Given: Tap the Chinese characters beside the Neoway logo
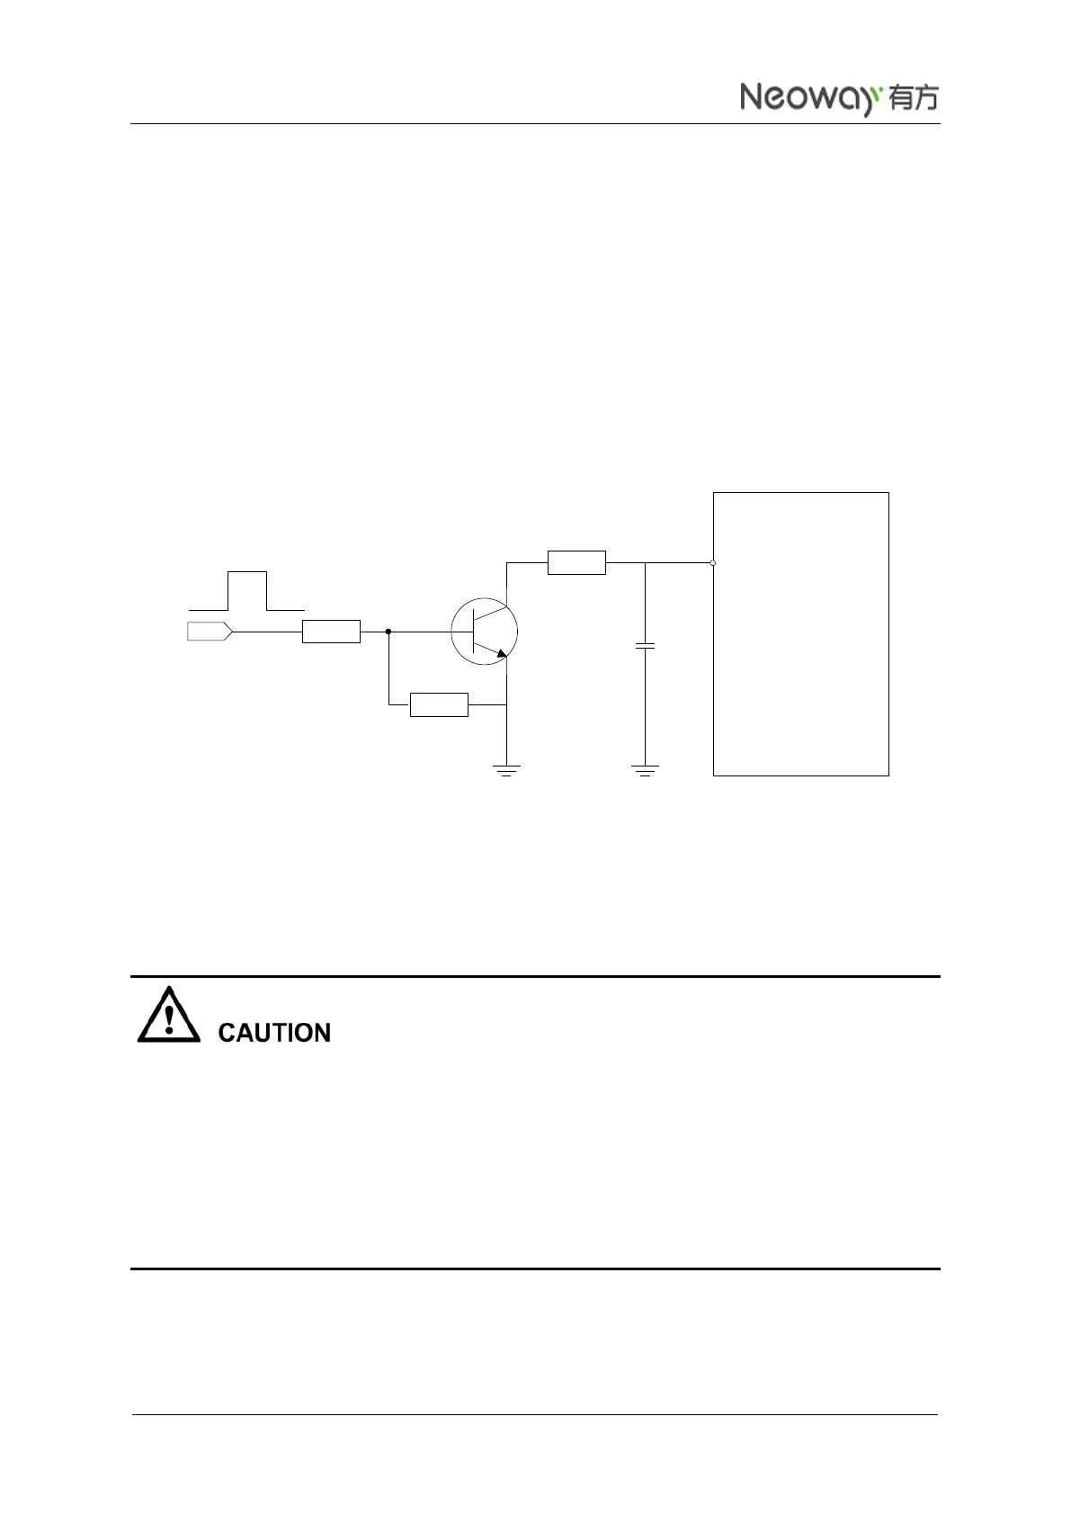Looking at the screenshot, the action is (913, 98).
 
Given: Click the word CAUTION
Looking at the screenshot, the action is (274, 1033).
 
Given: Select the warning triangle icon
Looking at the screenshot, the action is (169, 1017).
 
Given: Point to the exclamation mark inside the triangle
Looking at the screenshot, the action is (169, 1019).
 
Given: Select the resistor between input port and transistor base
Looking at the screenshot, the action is (331, 632).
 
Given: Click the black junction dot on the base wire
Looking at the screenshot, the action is (388, 632).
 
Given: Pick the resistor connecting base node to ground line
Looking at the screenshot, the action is (439, 705).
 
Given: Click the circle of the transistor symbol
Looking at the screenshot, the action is (484, 632).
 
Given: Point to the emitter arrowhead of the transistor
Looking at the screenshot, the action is (502, 651).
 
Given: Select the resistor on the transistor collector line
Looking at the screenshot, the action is (576, 562).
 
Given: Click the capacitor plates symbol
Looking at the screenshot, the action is (645, 645).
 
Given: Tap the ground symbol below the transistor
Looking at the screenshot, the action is (507, 770).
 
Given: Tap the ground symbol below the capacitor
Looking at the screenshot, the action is (645, 770).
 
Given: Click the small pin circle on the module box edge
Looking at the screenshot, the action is (712, 563).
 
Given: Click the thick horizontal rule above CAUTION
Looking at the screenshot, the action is (535, 976).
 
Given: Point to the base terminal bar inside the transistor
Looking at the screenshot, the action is (473, 632).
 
